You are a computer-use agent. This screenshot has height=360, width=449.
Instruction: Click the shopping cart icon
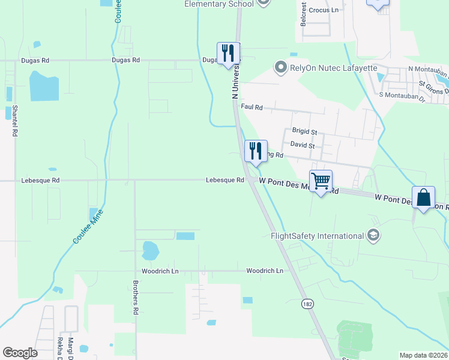coord(321,181)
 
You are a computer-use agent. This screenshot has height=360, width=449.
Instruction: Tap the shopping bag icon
coord(423,197)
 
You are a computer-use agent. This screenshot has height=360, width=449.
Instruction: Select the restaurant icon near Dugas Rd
coord(228,53)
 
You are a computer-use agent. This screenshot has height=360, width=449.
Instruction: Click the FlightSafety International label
coord(318,235)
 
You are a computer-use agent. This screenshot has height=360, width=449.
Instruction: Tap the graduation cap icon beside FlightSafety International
coord(373,235)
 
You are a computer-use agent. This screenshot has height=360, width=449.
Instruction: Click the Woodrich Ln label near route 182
coord(264,271)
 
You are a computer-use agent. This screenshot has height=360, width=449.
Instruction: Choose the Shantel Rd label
coord(13,120)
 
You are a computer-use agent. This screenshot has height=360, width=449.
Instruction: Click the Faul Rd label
coord(252,107)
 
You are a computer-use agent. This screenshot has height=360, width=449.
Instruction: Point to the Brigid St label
coord(304,131)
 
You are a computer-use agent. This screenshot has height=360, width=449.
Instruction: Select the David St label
coord(303,145)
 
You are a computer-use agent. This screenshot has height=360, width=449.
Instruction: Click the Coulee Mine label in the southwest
coord(88,227)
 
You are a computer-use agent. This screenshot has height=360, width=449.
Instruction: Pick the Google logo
coord(20,352)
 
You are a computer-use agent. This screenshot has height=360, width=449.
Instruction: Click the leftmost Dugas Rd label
coord(34,61)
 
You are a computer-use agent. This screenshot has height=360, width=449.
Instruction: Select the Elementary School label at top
coord(218,4)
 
